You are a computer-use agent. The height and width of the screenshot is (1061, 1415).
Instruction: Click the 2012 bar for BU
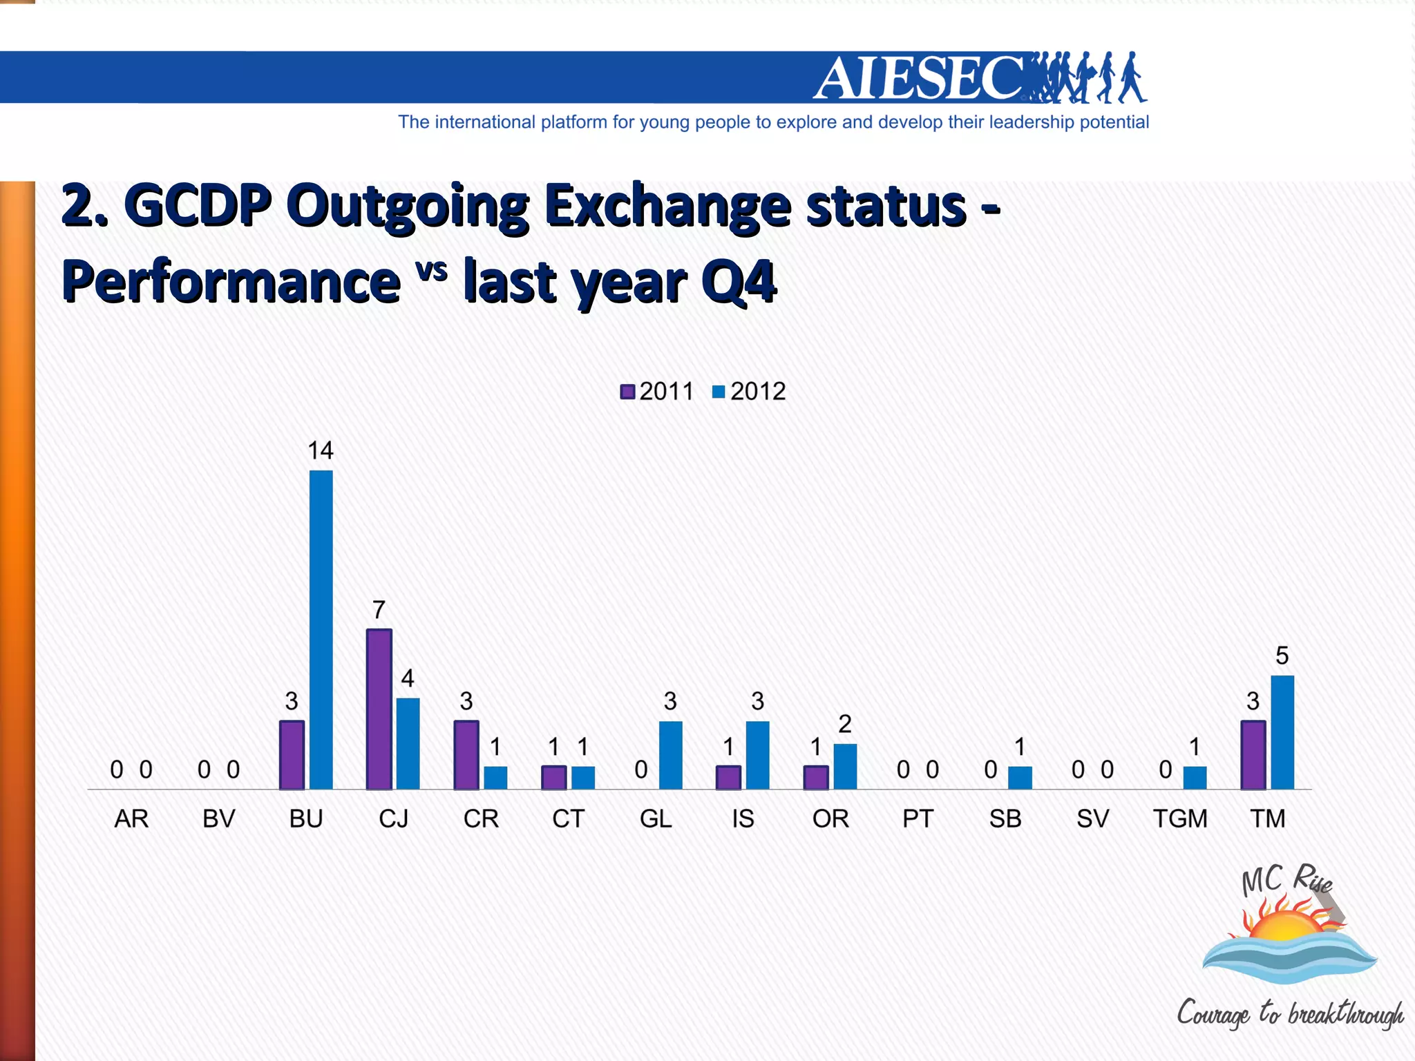tap(321, 629)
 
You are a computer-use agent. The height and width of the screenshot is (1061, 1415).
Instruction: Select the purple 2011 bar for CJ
tap(379, 709)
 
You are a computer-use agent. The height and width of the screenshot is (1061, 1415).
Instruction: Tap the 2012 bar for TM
tap(1282, 732)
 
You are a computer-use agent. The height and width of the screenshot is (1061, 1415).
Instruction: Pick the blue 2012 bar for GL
tap(670, 755)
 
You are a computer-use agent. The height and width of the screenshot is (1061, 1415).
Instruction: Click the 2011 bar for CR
tap(466, 755)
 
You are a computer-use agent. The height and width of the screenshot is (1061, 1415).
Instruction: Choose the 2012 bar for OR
tap(845, 766)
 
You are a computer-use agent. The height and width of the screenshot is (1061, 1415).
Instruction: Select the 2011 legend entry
tap(657, 392)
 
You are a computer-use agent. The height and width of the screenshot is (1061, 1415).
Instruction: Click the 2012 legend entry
tap(749, 392)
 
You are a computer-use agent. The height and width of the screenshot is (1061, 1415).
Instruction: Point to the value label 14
tap(321, 450)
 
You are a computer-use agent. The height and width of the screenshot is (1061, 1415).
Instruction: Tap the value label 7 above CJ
tap(379, 610)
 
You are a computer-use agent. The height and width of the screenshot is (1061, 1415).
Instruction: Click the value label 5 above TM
tap(1282, 655)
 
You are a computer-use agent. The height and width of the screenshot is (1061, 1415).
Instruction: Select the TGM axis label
tap(1180, 819)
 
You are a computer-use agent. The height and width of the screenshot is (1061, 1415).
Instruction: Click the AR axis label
tap(131, 819)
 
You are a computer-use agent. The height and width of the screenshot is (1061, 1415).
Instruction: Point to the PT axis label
tap(918, 819)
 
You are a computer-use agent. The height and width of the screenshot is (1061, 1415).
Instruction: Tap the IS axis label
tap(743, 819)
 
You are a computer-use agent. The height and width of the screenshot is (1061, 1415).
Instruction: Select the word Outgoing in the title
tap(408, 206)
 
